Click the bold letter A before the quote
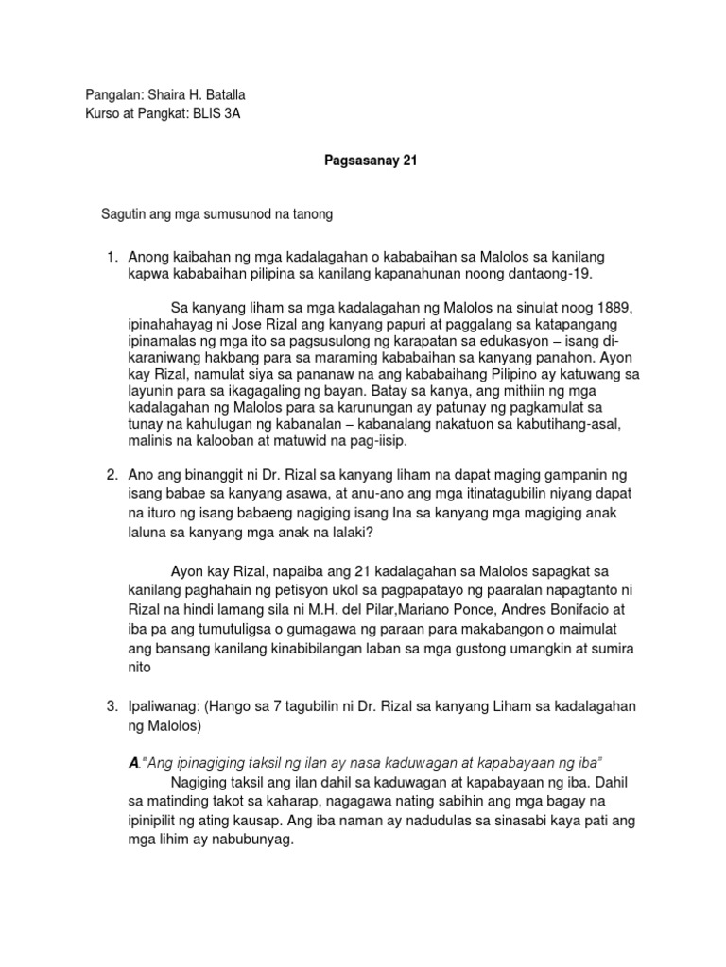[132, 763]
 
